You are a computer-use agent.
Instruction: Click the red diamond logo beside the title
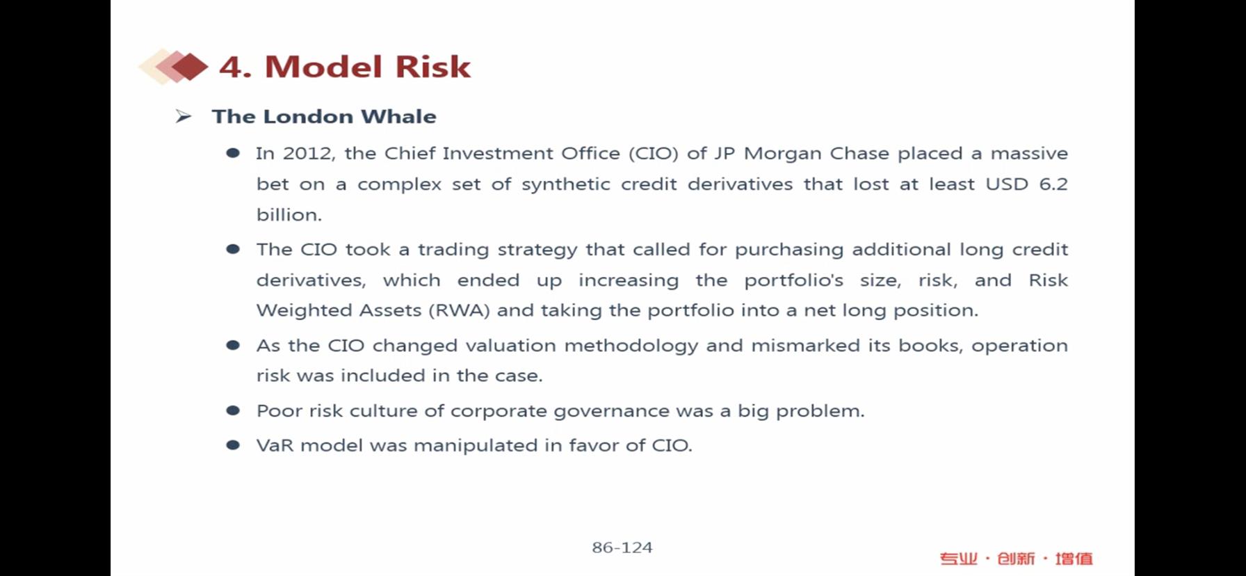click(174, 67)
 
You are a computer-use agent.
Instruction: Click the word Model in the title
click(324, 67)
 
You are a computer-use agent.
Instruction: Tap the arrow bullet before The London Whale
click(184, 116)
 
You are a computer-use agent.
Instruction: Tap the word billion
click(289, 215)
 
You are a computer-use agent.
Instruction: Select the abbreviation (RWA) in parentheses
click(460, 310)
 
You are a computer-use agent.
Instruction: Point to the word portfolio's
click(793, 280)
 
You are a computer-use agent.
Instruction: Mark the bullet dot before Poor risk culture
click(233, 411)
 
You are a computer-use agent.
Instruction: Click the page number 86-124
click(622, 547)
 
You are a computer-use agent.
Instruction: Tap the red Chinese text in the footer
click(1016, 559)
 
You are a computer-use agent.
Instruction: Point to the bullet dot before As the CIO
click(233, 345)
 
